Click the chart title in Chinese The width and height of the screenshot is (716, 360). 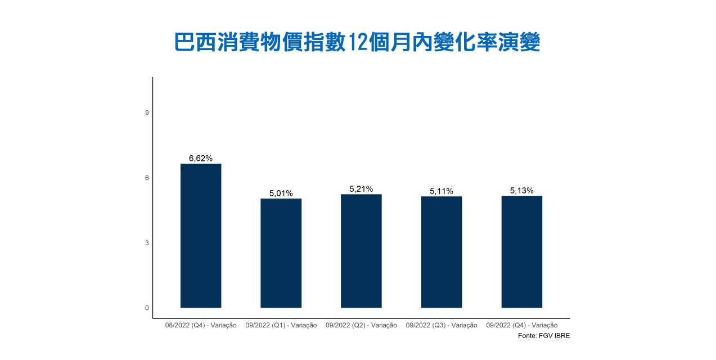click(357, 43)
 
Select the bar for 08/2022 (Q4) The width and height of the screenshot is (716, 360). click(201, 236)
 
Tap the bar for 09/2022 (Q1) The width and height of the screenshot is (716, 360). click(281, 253)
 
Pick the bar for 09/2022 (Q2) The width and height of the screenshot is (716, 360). click(361, 251)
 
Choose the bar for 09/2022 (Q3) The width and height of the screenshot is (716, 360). click(442, 252)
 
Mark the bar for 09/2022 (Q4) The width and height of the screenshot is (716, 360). click(521, 252)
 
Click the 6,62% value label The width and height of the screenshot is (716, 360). click(201, 159)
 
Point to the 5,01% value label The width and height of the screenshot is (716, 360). click(281, 193)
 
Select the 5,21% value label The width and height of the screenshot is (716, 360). click(361, 189)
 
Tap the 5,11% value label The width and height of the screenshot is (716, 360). click(442, 191)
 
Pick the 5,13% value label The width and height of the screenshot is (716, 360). click(521, 191)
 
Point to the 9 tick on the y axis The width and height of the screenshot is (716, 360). click(147, 113)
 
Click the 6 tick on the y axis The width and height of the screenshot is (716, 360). click(147, 178)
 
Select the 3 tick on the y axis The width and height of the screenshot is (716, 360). click(147, 243)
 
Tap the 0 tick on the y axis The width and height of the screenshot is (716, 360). click(147, 308)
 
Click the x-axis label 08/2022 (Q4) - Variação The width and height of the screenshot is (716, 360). click(201, 325)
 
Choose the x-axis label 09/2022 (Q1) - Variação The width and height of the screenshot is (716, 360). click(281, 325)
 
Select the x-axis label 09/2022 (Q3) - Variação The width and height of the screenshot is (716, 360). click(442, 325)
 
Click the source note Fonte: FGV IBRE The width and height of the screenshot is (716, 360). click(539, 336)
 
